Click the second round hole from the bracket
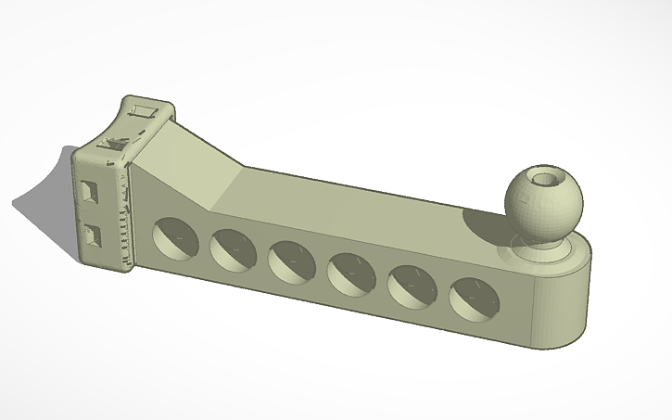[x=234, y=248]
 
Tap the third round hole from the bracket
[x=292, y=261]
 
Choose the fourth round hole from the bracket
[x=351, y=274]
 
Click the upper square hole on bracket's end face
[x=88, y=192]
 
